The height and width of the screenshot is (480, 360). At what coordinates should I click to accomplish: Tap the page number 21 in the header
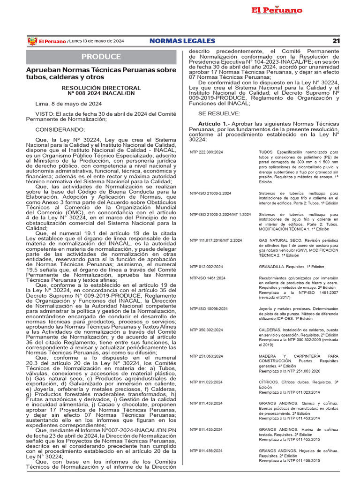(336, 41)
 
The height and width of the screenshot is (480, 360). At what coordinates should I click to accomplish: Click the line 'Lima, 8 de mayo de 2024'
(68, 104)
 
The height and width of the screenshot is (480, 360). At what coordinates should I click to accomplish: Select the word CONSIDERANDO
(60, 129)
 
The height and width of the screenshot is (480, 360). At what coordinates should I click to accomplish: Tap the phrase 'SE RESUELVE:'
(219, 113)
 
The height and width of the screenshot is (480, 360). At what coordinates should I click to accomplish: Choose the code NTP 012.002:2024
(206, 267)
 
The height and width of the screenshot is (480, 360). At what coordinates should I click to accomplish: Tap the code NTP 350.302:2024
(206, 330)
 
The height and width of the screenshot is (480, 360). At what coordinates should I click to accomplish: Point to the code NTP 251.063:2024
(206, 356)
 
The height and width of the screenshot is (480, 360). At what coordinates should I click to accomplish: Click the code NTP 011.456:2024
(206, 450)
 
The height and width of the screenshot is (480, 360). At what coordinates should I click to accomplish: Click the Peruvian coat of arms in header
(32, 41)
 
